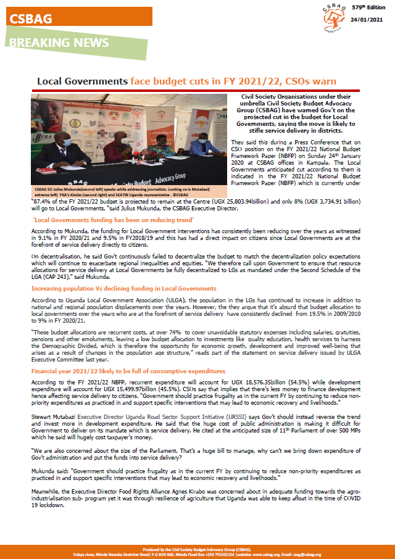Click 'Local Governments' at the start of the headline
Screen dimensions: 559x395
[x=82, y=81]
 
